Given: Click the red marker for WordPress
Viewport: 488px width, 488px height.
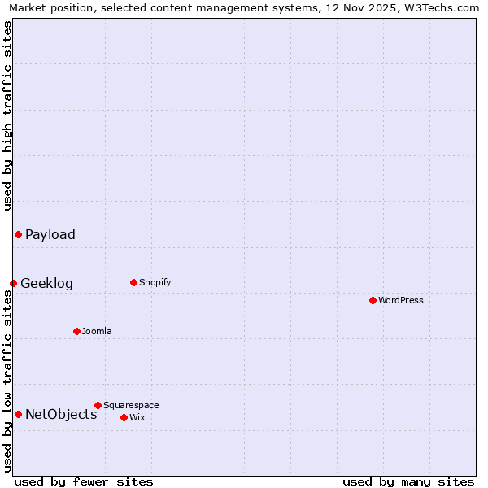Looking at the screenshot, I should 373,300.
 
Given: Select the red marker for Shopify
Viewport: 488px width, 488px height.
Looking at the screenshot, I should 133,282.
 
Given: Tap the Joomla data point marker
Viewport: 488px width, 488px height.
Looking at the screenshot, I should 76,331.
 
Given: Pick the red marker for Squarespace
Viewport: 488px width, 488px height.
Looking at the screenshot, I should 98,405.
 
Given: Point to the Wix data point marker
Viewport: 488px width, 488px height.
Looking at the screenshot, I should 124,417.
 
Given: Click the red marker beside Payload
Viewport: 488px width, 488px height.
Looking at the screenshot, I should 18,234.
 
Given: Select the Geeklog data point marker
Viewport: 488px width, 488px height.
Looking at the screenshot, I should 13,283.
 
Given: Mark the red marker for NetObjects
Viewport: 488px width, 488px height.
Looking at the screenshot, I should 18,414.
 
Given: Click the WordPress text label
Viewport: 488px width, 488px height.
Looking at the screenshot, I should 401,300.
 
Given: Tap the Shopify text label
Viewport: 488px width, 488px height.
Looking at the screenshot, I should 155,282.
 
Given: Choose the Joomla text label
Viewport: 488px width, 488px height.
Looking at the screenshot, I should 97,331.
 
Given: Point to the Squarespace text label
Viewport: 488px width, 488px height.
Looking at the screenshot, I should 131,405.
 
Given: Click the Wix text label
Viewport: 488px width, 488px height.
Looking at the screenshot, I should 137,417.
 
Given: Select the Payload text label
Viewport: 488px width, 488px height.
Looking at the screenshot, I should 50,235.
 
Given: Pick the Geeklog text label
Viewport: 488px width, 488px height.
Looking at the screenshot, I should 46,284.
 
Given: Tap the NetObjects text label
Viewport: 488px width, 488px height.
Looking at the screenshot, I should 61,415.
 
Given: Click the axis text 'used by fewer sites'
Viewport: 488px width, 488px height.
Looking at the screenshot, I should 84,481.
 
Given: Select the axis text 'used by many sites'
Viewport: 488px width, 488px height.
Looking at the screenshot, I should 408,481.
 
